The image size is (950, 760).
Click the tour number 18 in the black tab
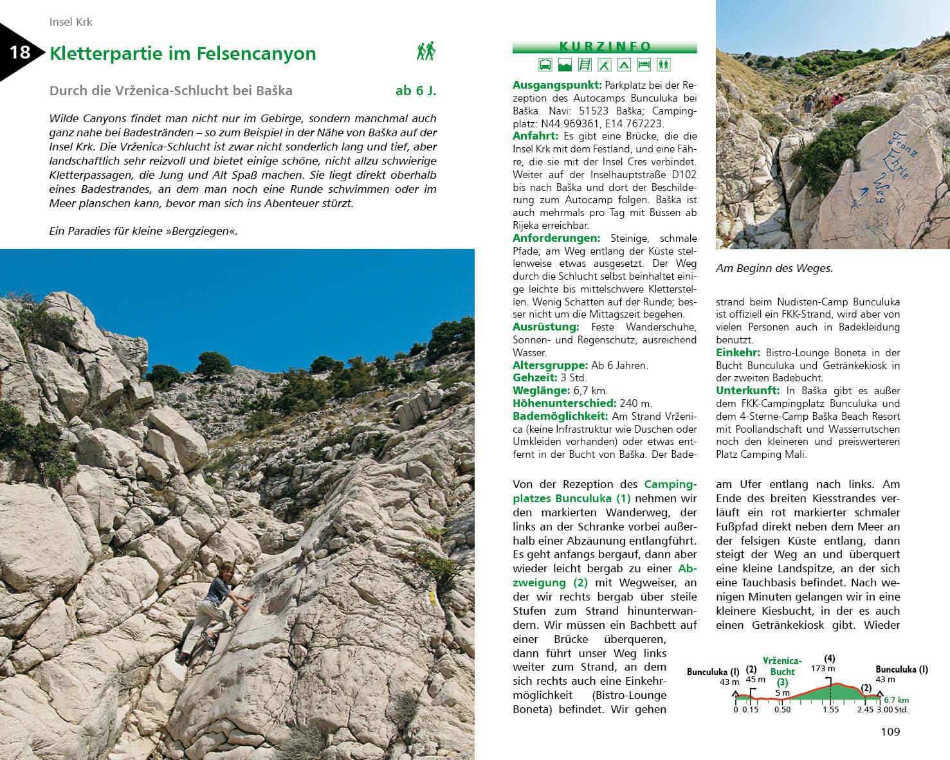20,51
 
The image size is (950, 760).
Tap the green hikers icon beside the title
426,51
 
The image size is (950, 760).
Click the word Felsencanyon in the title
262,53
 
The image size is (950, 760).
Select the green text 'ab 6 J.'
416,91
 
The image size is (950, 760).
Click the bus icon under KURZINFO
544,64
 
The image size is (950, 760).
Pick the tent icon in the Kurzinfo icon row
623,64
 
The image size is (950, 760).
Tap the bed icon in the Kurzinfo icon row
644,64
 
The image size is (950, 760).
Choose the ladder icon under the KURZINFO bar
584,64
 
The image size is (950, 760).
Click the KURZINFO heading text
605,46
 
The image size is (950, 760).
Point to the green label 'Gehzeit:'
533,378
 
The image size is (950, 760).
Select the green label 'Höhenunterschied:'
564,403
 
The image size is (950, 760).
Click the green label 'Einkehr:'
738,352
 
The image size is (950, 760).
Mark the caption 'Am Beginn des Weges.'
774,269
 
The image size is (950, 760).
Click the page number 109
890,732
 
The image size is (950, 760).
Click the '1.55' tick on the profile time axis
830,710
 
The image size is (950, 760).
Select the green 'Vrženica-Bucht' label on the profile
782,666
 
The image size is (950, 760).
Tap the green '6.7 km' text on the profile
895,700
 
